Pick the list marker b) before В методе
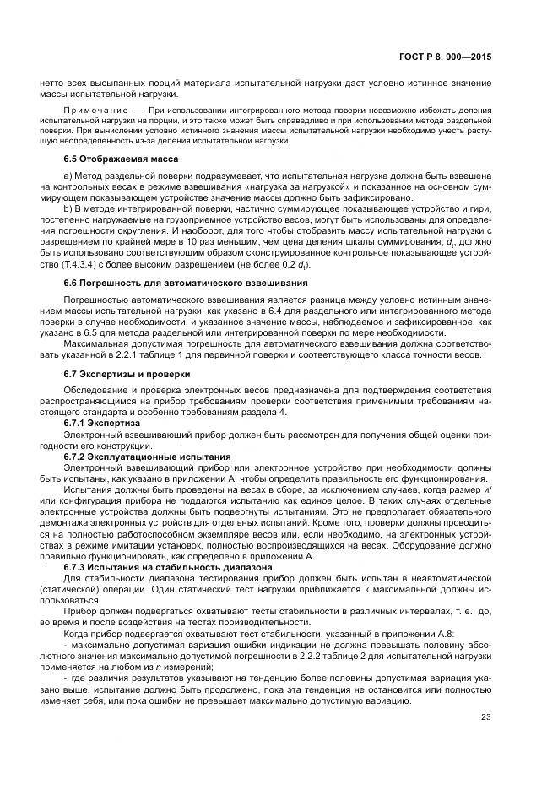tap(68, 207)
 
